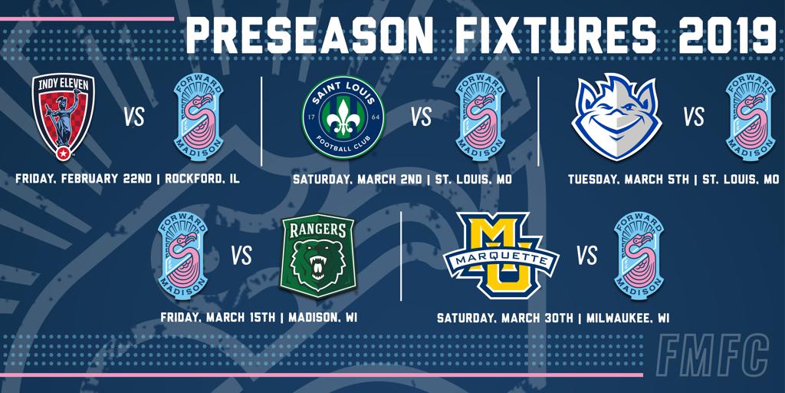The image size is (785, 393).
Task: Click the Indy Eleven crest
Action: pyautogui.click(x=63, y=117)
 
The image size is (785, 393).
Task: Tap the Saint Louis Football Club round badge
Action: pyautogui.click(x=343, y=117)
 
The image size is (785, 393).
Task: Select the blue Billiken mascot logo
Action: pyautogui.click(x=617, y=117)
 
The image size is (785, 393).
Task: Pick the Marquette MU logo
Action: pyautogui.click(x=501, y=255)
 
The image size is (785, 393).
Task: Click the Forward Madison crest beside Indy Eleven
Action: pyautogui.click(x=199, y=117)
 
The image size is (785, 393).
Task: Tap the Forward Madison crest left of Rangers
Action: pyautogui.click(x=182, y=255)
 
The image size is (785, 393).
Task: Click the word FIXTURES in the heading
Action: pyautogui.click(x=555, y=35)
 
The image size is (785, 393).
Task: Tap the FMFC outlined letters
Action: pyautogui.click(x=712, y=355)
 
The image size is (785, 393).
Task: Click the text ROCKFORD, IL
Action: pyautogui.click(x=202, y=178)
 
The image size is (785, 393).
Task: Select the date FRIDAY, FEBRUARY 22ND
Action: pyautogui.click(x=84, y=178)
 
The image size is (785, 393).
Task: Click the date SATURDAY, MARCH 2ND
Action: pyautogui.click(x=357, y=179)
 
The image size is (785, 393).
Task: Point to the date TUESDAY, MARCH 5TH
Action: pyautogui.click(x=629, y=179)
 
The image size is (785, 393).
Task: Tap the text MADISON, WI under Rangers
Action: pyautogui.click(x=323, y=317)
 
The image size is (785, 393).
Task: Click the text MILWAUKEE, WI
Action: pyautogui.click(x=628, y=318)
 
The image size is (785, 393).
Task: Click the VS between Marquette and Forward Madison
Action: pyautogui.click(x=586, y=256)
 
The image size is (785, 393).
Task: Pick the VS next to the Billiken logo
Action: pyautogui.click(x=694, y=117)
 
